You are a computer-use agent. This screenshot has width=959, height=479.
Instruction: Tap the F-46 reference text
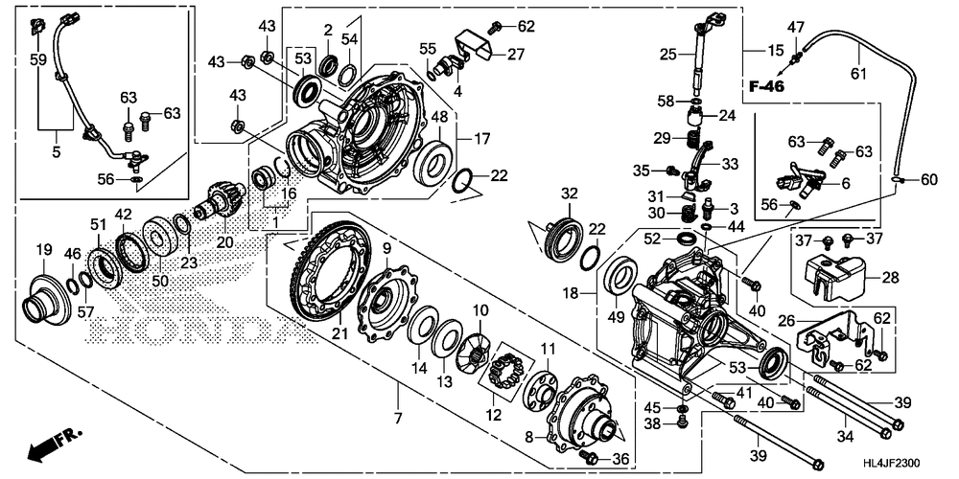pos(766,87)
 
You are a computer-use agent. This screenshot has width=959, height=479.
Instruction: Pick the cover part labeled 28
pos(830,269)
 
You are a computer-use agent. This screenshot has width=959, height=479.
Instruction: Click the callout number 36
pos(620,458)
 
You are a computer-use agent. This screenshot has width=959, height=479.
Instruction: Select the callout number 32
pos(570,194)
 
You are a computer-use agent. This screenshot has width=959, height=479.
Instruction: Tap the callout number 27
pos(516,55)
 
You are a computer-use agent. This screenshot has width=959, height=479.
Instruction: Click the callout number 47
pos(796,27)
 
